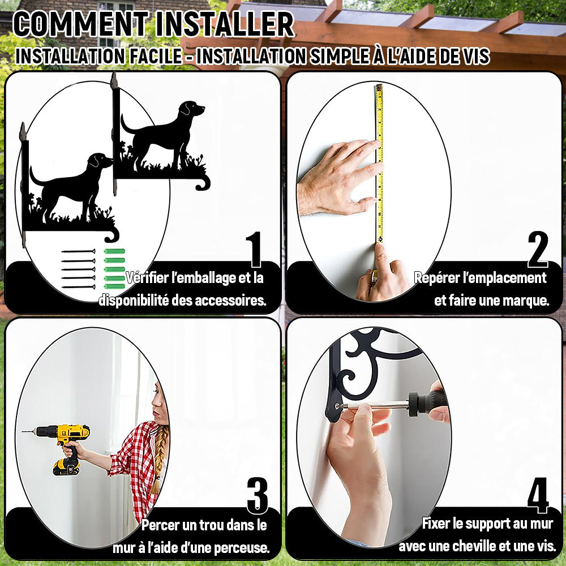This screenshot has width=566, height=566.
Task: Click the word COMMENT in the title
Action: click(81, 24)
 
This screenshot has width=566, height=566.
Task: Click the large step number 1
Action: click(255, 249)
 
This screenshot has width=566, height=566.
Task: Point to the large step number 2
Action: click(538, 249)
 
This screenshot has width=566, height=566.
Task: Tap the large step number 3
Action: click(258, 495)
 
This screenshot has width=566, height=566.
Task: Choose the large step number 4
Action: click(538, 495)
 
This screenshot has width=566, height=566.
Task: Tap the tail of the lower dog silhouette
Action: click(35, 177)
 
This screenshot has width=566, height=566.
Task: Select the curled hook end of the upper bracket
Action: click(203, 183)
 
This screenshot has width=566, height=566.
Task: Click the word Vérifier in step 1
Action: click(147, 277)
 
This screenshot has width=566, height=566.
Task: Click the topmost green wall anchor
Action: click(114, 251)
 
